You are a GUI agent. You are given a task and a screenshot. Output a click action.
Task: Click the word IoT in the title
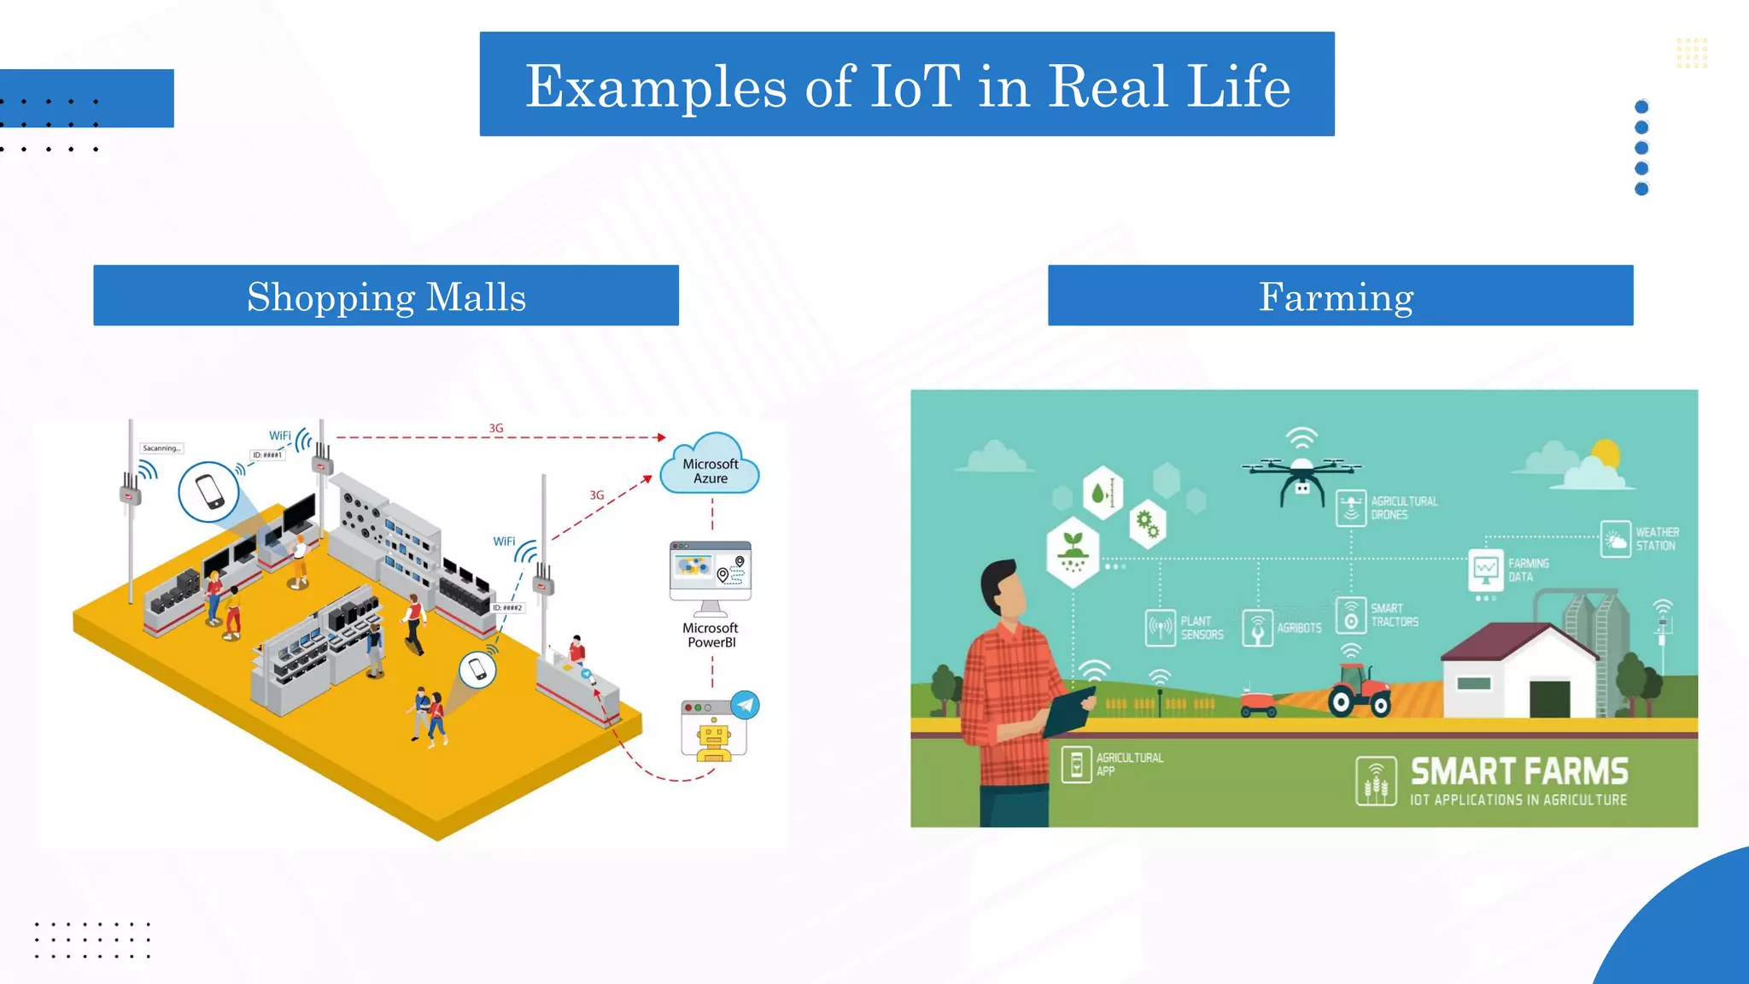pos(914,86)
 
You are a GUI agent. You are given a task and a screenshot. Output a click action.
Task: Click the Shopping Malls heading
pos(386,296)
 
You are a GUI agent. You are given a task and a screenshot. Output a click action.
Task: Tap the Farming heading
pos(1337,296)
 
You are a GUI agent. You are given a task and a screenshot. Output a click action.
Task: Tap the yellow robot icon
pos(714,739)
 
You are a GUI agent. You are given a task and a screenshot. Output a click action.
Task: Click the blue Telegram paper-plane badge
pos(746,705)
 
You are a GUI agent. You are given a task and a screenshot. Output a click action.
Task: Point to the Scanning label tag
pos(161,448)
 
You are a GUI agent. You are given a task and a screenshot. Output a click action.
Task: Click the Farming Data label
pos(1527,570)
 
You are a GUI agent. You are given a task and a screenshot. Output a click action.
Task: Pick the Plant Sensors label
pos(1201,628)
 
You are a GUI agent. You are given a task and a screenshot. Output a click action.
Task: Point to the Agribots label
pos(1298,628)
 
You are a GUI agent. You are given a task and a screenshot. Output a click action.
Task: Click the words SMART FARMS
pos(1518,771)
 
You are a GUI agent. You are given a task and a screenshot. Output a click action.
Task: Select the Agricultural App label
pos(1129,764)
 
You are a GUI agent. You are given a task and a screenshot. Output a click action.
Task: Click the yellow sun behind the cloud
pos(1606,453)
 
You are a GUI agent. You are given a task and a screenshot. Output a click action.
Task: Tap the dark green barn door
pos(1549,699)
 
